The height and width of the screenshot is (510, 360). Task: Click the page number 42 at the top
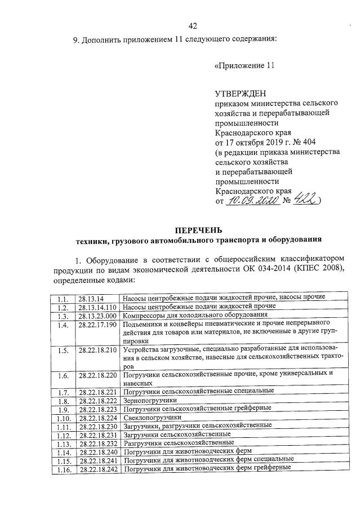[192, 25]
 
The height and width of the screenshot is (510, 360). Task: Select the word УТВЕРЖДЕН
[240, 93]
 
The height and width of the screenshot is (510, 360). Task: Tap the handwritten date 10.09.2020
[253, 200]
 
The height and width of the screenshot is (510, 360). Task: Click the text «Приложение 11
[244, 65]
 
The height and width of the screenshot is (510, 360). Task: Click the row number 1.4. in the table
[63, 325]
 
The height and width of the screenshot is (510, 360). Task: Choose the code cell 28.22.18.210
[97, 350]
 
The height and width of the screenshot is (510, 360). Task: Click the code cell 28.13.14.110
[97, 307]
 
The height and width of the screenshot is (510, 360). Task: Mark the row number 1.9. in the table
[63, 409]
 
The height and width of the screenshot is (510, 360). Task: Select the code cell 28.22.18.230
[97, 427]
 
